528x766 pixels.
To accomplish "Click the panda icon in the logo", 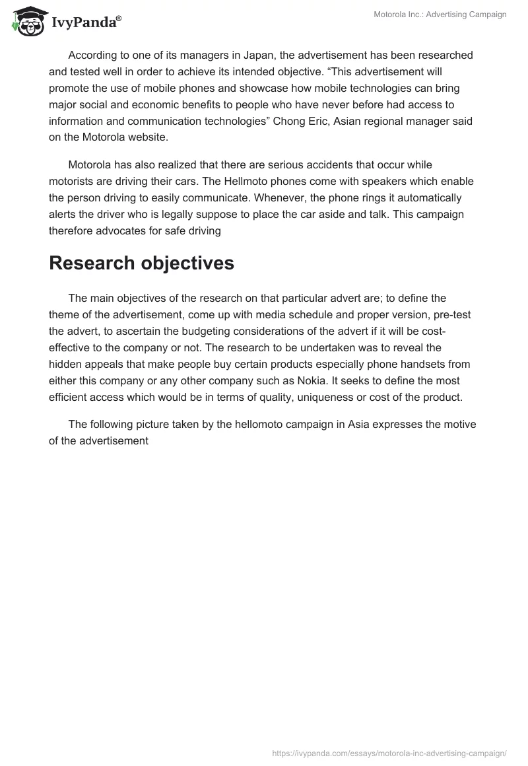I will pos(26,21).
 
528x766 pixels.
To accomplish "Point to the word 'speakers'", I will pos(384,180).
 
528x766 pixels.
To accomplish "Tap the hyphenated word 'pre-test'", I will pos(452,314).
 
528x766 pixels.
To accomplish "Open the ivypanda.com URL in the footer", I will pos(389,752).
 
